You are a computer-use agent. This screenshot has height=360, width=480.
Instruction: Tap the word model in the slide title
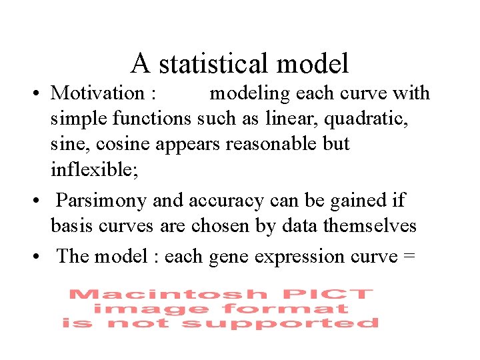click(313, 64)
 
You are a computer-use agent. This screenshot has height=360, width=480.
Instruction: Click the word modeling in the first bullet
click(250, 94)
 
